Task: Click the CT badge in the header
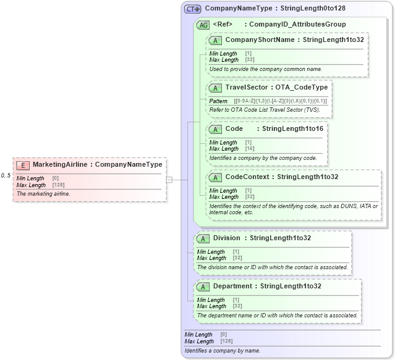[193, 9]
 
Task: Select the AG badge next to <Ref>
[203, 25]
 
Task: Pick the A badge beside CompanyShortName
[215, 40]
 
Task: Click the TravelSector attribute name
[247, 88]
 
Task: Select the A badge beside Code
[215, 129]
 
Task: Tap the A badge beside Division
[203, 238]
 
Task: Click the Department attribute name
[232, 287]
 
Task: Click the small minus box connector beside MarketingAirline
[169, 180]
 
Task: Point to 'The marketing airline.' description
[44, 194]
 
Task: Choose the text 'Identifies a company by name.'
[223, 351]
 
